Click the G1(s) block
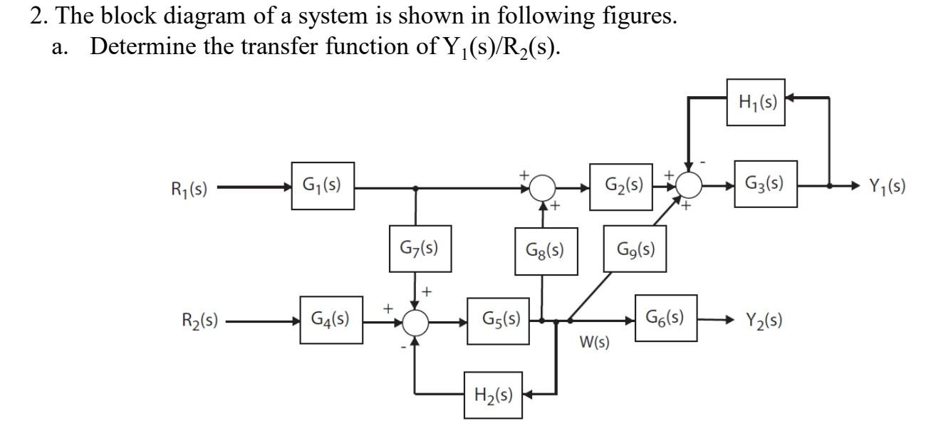[323, 186]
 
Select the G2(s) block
[620, 186]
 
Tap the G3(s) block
[766, 184]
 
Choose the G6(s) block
[666, 317]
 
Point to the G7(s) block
[420, 248]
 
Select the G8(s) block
[545, 250]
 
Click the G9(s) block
[635, 249]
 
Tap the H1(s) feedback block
[756, 102]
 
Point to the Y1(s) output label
[887, 187]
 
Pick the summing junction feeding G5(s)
[416, 323]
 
